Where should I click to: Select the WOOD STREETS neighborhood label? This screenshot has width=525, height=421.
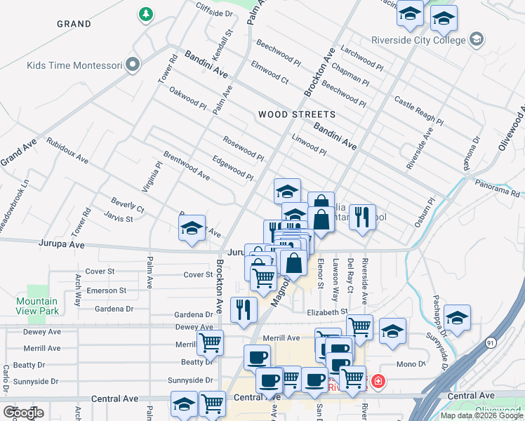point(296,114)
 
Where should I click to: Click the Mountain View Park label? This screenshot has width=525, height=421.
point(37,306)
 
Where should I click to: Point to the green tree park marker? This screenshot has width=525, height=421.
point(146,14)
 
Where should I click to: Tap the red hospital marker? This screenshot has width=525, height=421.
point(378,382)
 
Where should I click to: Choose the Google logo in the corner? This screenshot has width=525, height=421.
point(23,413)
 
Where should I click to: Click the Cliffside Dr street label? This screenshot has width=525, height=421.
point(214,13)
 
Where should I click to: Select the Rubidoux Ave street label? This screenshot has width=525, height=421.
point(67,150)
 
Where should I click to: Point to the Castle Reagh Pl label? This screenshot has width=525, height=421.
point(418,111)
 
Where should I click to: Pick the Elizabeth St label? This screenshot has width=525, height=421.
point(327,311)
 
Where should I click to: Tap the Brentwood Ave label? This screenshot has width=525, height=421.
point(186,165)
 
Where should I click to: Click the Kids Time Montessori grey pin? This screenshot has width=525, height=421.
point(133,66)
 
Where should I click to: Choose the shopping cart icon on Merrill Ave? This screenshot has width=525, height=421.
point(210,343)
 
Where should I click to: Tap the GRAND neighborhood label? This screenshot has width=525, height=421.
point(74,24)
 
